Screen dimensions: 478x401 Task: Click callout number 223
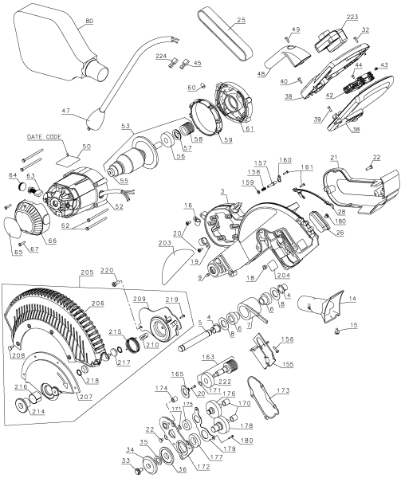tap(352, 16)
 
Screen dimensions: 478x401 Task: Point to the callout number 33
tap(125, 460)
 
